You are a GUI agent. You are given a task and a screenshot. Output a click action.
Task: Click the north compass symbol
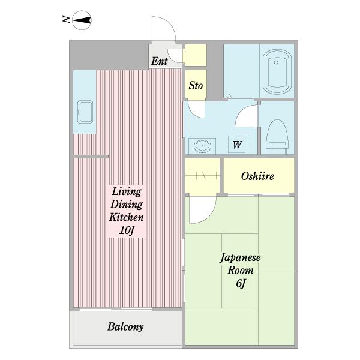coord(82,20)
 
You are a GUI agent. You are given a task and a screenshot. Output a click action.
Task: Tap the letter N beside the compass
coord(66,19)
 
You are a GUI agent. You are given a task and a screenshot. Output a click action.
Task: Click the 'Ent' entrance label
coord(160,61)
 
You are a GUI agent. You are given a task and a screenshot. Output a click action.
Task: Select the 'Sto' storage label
coord(196,86)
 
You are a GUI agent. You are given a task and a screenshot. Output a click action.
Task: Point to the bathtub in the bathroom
coord(277,71)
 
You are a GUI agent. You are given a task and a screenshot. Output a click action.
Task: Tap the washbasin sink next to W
coord(202,146)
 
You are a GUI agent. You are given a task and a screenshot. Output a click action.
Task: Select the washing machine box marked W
coord(237,145)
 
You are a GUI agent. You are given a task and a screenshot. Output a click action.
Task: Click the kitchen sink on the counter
coord(85,112)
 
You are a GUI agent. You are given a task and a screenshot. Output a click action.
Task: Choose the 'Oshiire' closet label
coord(257,176)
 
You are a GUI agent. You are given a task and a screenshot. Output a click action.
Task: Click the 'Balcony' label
coord(125,327)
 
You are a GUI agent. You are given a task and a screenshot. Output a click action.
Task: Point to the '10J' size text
coord(127,230)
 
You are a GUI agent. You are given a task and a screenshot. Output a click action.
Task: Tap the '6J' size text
coord(241,283)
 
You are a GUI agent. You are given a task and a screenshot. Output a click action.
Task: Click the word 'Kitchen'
coord(126,217)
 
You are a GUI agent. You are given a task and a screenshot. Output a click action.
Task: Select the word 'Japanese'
coord(240,258)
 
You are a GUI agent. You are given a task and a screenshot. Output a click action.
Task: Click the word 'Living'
coord(127,191)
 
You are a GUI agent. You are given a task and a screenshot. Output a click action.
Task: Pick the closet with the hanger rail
coord(202,176)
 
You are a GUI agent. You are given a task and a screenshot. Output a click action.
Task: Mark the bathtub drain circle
coord(276,62)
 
